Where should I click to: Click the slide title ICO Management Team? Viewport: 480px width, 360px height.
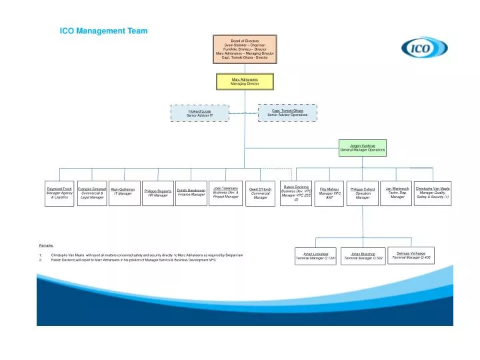tap(104, 31)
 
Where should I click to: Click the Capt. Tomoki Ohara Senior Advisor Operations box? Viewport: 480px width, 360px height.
tap(287, 113)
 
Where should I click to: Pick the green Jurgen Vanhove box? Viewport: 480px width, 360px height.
tap(363, 148)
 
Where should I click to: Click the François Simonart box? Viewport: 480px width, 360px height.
tap(92, 193)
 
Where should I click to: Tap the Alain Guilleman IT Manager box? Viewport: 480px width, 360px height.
tap(123, 192)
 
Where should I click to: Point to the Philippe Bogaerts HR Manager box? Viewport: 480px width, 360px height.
tap(157, 193)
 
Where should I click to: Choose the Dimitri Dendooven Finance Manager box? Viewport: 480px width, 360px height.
tap(191, 192)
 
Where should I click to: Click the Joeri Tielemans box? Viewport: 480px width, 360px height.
tap(225, 193)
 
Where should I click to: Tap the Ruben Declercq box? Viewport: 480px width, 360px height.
tap(296, 193)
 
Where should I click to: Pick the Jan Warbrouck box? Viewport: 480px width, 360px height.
tap(397, 193)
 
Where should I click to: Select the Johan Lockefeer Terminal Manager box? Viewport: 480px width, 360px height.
tap(315, 256)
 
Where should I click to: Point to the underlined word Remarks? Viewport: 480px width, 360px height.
tap(47, 245)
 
